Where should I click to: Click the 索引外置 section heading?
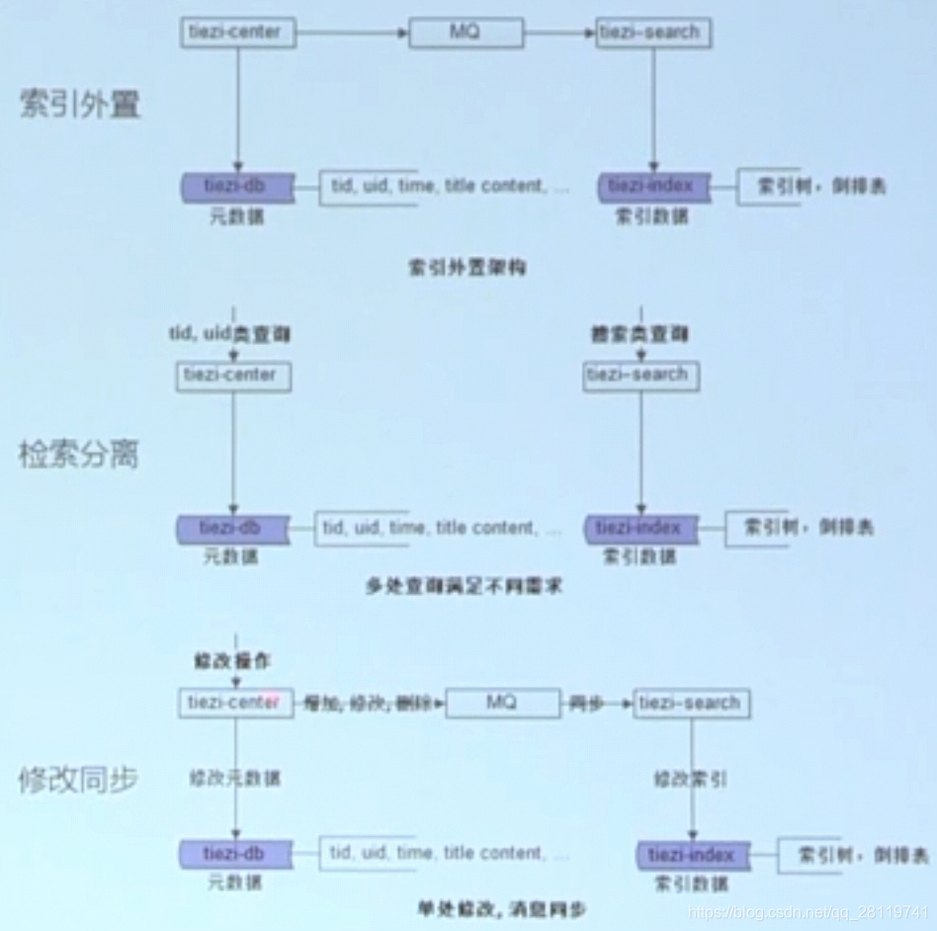[x=80, y=104]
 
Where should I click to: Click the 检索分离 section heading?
[x=79, y=455]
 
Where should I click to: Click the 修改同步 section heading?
[x=79, y=780]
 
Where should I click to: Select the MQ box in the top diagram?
[x=466, y=33]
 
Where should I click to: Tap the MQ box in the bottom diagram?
[x=501, y=704]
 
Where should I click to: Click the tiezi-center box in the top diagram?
[x=234, y=33]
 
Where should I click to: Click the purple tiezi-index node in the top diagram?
[x=652, y=187]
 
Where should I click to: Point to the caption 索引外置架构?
[x=468, y=268]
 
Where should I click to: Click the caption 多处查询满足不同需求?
[x=464, y=586]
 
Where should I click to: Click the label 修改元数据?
[x=235, y=779]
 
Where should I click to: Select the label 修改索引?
[x=691, y=779]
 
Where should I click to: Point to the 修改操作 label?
[x=233, y=660]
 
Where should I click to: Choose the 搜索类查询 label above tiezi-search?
[x=640, y=335]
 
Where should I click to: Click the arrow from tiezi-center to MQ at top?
[x=352, y=33]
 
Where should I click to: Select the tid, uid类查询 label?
[x=230, y=335]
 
